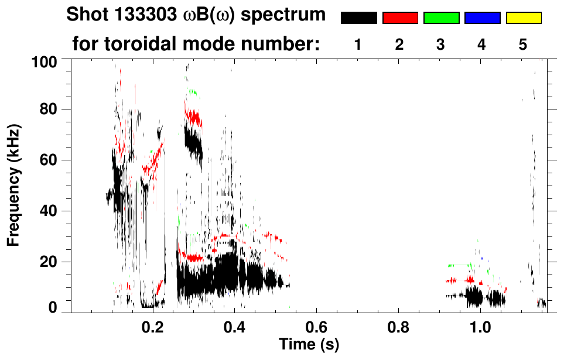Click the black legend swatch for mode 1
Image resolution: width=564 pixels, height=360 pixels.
coord(358,18)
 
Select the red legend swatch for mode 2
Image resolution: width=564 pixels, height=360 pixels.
coord(400,18)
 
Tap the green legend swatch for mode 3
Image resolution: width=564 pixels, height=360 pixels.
coord(441,18)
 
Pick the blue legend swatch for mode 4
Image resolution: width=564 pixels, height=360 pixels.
coord(482,18)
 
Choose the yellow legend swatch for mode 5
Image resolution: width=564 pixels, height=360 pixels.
coord(523,18)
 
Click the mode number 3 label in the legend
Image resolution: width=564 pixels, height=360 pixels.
coord(440,45)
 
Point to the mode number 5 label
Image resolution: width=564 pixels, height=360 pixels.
coord(523,45)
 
